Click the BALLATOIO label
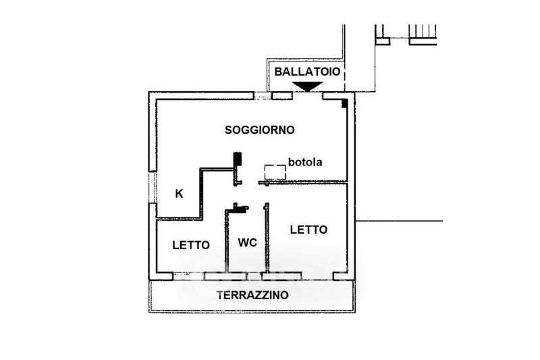coord(307,72)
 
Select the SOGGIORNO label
coord(260,130)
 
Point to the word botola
coord(305,162)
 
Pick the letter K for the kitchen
coord(179,194)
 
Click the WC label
coord(247,243)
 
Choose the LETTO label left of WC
coord(191,245)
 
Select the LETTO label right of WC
coord(308,230)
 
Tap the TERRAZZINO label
coord(252,295)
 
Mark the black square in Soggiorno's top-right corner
coord(344,103)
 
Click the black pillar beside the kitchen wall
coord(238,160)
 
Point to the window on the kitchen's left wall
coord(153,187)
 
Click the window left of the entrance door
coord(263,96)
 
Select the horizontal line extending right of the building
coord(399,221)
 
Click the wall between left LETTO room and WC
coord(227,241)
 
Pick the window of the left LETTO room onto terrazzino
coord(189,276)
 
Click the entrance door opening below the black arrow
coord(308,96)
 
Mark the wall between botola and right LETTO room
coord(303,182)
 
